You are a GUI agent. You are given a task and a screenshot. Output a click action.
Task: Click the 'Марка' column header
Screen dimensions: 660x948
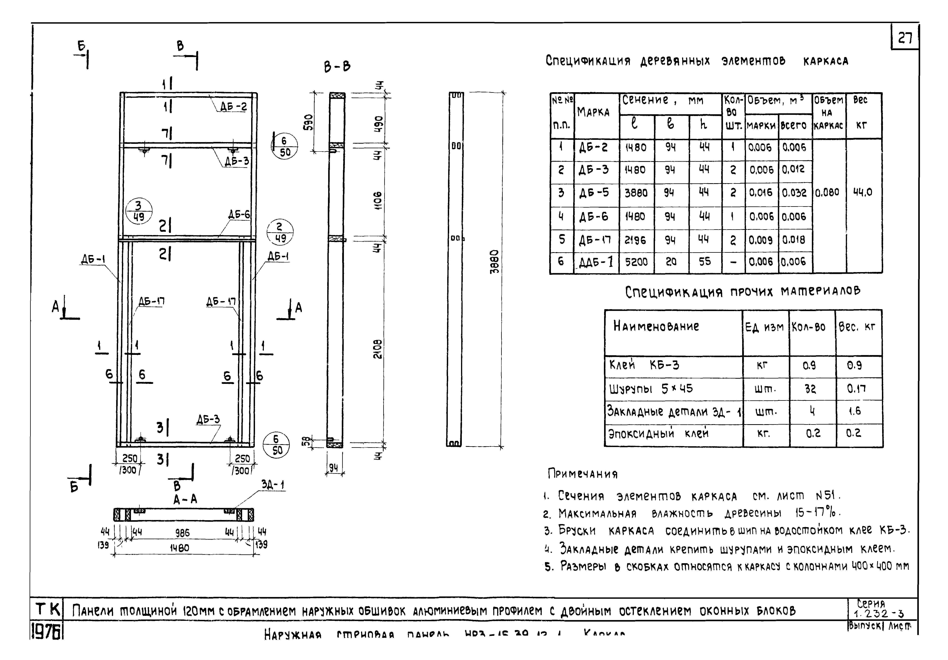[x=593, y=112]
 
